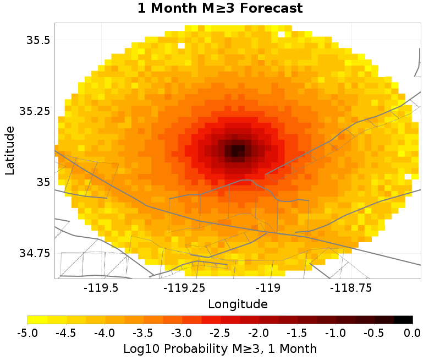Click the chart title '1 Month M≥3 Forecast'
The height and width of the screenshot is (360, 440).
click(x=220, y=9)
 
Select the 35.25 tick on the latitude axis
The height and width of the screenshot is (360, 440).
click(x=35, y=111)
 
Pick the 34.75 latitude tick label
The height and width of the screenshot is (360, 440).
click(x=35, y=253)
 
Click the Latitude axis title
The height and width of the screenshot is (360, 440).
click(x=10, y=150)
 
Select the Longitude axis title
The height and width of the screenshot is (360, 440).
click(x=238, y=304)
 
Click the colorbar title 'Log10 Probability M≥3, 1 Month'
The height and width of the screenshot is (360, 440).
click(x=220, y=348)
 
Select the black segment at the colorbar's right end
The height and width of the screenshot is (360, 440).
click(x=403, y=319)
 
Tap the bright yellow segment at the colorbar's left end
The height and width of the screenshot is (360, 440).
click(x=37, y=319)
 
